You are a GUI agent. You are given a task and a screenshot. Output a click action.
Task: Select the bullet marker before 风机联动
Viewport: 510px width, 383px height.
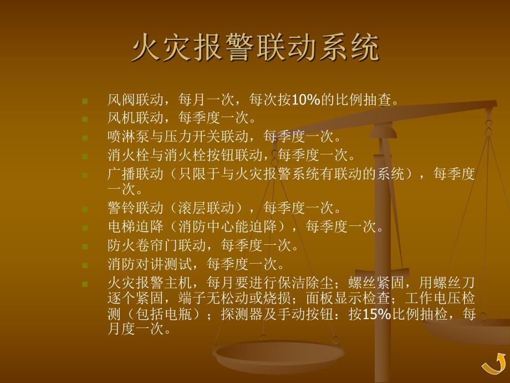(x=84, y=119)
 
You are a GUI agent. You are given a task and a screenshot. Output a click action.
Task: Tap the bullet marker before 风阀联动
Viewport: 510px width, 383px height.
(x=84, y=101)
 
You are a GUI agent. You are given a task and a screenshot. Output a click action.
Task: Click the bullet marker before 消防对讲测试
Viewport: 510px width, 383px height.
(x=84, y=264)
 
